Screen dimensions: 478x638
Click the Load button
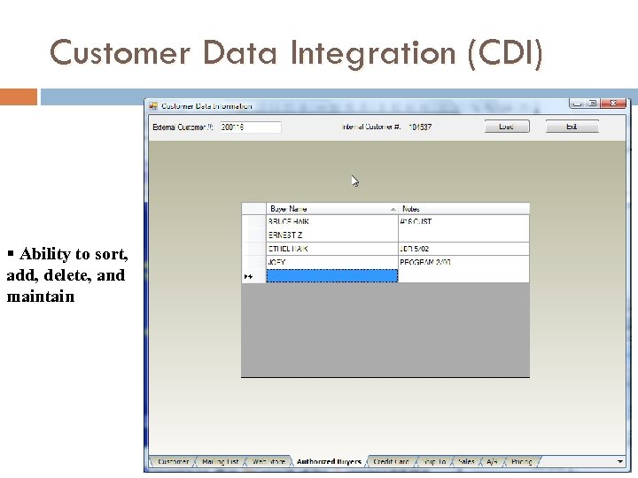[x=506, y=127]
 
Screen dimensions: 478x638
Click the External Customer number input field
[x=250, y=127]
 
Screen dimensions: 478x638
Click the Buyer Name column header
[x=328, y=209]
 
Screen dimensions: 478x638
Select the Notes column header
[x=463, y=209]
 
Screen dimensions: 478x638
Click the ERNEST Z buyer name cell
[x=331, y=235]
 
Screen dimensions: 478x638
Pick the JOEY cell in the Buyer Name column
[x=331, y=263]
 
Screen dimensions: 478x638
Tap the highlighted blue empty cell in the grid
[x=331, y=276]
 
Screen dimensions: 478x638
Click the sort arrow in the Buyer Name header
[x=393, y=209]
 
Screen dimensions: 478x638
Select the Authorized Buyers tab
[x=329, y=462]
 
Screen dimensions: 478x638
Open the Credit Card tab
[x=391, y=462]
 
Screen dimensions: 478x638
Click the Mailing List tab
[x=220, y=462]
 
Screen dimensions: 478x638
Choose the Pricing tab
[x=522, y=462]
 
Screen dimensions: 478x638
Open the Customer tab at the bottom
[x=173, y=462]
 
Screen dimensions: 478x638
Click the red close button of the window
[x=612, y=104]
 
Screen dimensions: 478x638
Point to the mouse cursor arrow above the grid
[x=354, y=181]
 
